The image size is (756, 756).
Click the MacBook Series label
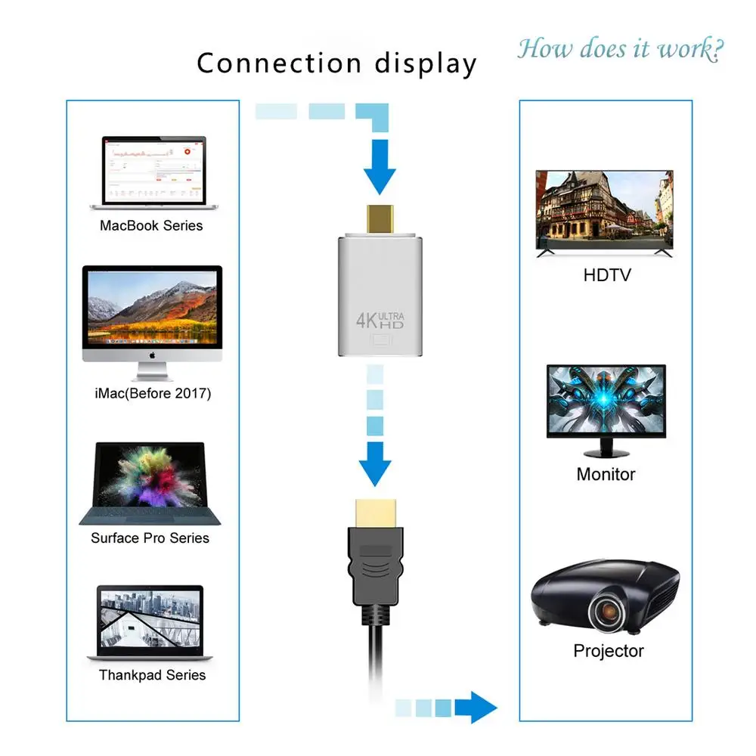151,225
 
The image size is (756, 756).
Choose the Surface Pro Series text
150,538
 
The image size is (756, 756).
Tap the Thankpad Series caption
152,675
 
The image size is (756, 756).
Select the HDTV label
606,274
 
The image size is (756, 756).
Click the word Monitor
606,475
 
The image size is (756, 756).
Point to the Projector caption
608,651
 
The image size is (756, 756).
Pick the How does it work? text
620,49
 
